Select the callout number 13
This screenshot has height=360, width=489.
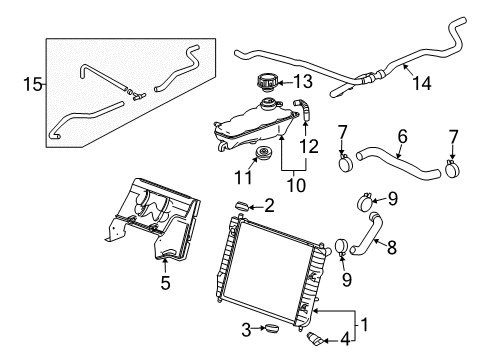[302, 81]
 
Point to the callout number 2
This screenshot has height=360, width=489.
[269, 207]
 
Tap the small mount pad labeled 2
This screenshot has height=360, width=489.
[242, 205]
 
